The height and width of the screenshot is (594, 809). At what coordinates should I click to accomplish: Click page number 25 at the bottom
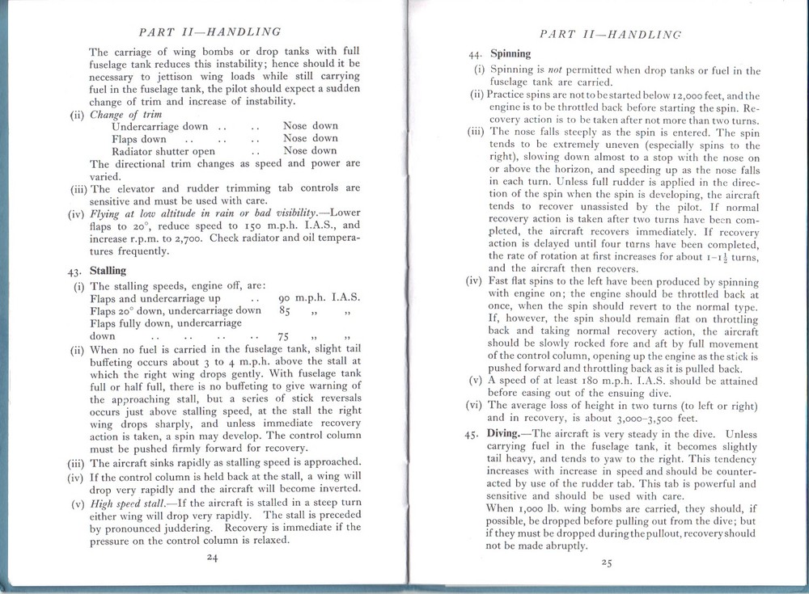tap(606, 563)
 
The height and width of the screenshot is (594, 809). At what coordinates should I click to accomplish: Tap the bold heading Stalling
tap(108, 271)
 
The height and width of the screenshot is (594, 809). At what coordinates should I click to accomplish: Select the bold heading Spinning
tap(510, 55)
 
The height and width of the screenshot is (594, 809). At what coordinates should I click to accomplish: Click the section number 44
tap(476, 55)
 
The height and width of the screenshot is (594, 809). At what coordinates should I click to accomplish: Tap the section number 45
tap(474, 435)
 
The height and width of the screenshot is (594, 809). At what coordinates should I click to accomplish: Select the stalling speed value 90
tap(285, 298)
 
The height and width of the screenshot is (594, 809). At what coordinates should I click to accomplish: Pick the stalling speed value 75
tap(284, 336)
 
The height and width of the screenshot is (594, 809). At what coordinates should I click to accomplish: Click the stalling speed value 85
tap(285, 310)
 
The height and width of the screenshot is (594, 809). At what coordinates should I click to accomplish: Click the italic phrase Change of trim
tap(122, 114)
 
